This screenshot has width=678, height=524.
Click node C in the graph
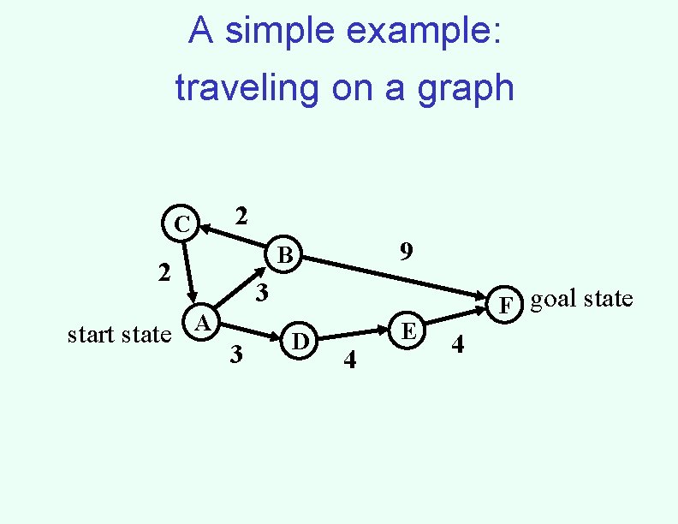tap(181, 225)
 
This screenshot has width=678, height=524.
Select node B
tap(285, 254)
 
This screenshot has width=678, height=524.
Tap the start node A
tap(202, 323)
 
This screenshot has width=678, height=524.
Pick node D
tap(300, 340)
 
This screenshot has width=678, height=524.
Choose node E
tap(409, 330)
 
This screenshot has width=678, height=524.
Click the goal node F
tap(507, 304)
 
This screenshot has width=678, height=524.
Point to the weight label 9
tap(407, 251)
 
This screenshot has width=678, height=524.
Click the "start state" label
tap(119, 334)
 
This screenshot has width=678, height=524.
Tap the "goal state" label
tap(582, 299)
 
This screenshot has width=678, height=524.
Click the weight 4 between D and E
tap(348, 360)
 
